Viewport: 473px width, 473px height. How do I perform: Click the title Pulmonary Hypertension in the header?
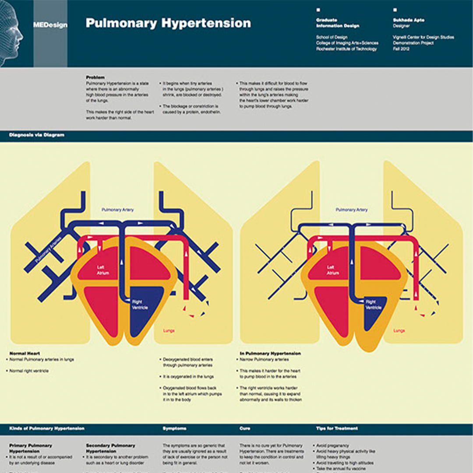click(168, 23)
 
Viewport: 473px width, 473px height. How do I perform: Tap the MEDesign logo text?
click(50, 25)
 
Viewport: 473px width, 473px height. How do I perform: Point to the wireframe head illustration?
click(11, 33)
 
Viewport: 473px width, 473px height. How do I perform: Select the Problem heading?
click(95, 77)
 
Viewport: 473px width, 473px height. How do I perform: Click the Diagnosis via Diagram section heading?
click(37, 135)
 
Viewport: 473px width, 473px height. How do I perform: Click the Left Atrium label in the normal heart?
click(102, 270)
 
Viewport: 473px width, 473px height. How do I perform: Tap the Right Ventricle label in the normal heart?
click(140, 305)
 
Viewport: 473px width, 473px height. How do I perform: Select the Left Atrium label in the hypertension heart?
click(333, 270)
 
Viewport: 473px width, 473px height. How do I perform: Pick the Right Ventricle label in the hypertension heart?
click(371, 304)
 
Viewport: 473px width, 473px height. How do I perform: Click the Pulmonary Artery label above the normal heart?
click(118, 210)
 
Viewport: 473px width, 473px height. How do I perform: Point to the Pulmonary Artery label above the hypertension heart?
click(352, 210)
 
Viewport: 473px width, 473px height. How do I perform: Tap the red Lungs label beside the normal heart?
click(169, 331)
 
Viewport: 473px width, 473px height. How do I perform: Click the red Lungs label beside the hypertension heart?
click(399, 331)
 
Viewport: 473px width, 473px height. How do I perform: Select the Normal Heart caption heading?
click(25, 353)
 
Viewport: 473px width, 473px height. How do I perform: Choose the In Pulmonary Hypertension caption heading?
click(270, 353)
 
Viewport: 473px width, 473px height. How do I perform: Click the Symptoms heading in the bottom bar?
click(174, 428)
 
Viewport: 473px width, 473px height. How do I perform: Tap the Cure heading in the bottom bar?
click(245, 428)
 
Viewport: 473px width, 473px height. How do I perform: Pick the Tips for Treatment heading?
click(337, 428)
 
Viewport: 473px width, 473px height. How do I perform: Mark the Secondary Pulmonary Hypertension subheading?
click(110, 448)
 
